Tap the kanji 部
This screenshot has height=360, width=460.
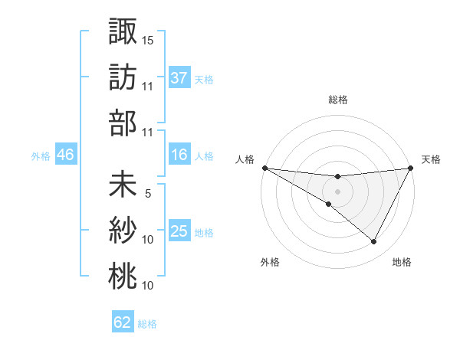click(123, 122)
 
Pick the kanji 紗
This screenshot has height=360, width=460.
click(123, 231)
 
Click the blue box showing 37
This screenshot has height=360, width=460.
click(179, 77)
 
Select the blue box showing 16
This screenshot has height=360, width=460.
click(179, 155)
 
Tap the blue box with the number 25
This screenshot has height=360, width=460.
click(179, 231)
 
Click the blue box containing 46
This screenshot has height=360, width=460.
click(65, 155)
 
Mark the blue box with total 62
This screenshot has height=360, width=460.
click(123, 322)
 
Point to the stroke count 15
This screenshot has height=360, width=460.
click(148, 40)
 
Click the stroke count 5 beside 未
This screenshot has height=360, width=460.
click(148, 194)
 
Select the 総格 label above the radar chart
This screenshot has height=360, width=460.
click(337, 100)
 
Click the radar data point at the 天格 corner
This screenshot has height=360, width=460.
click(410, 169)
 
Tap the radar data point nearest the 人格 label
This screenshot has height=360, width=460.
click(264, 168)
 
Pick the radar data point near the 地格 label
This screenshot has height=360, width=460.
click(374, 242)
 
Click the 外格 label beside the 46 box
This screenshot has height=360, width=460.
click(41, 156)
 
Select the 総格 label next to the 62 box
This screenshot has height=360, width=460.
click(147, 323)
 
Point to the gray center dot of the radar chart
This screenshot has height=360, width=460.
click(337, 191)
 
